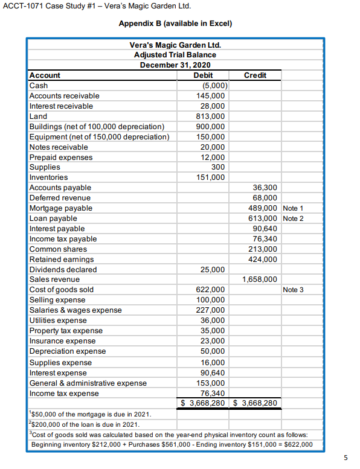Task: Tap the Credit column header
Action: tap(254, 75)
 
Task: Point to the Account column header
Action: tap(45, 75)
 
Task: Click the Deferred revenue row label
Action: tap(60, 198)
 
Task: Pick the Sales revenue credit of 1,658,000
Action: tap(260, 279)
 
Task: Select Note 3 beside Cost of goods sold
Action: tap(293, 290)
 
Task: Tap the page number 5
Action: tap(345, 458)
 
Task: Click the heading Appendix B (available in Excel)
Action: tap(175, 24)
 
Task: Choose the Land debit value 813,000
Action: tap(211, 116)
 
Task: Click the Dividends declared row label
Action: tap(63, 269)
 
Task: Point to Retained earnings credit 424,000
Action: tap(263, 259)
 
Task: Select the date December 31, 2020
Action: tap(175, 65)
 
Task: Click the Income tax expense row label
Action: tap(64, 394)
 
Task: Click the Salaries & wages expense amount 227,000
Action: tap(211, 310)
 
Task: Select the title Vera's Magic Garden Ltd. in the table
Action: tap(175, 45)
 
